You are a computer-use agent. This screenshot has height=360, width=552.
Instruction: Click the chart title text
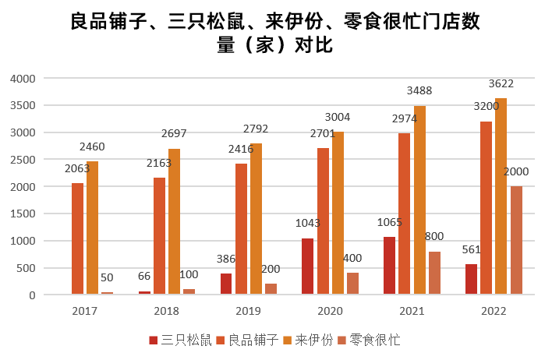(x=274, y=34)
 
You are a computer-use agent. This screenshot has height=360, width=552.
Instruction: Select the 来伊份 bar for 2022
(x=501, y=196)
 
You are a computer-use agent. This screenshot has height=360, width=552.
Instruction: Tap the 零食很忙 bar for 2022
(x=516, y=240)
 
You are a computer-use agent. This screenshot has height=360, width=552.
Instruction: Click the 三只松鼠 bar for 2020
(x=308, y=266)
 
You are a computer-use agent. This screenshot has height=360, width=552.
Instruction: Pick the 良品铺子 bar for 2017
(x=78, y=238)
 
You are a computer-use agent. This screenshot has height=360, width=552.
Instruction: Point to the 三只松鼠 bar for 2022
(x=471, y=279)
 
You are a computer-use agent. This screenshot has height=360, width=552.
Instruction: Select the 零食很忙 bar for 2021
(x=434, y=273)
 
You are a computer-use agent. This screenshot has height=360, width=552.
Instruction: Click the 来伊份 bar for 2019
(x=257, y=219)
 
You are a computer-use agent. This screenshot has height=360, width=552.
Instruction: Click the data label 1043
(x=308, y=223)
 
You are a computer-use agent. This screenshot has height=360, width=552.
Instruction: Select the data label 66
(x=145, y=277)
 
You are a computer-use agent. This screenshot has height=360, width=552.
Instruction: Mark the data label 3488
(x=419, y=90)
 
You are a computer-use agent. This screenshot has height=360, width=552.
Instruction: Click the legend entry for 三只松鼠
(x=181, y=340)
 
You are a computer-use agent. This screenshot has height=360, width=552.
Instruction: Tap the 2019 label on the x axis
(x=249, y=311)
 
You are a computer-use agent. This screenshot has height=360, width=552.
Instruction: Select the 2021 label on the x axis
(x=412, y=311)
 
